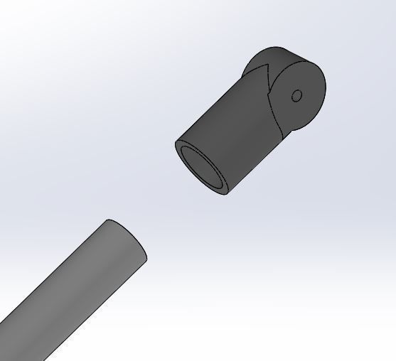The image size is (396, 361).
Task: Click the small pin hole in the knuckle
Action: point(297,95)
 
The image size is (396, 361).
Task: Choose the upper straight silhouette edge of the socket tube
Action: point(213,107)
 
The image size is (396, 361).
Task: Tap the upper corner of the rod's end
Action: point(108,220)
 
